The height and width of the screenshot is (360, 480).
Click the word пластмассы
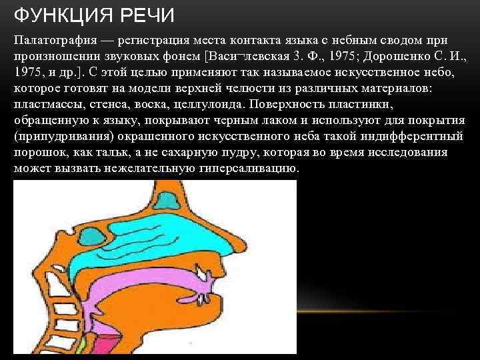[x=45, y=105]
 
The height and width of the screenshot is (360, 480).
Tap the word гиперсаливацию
[x=249, y=169]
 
